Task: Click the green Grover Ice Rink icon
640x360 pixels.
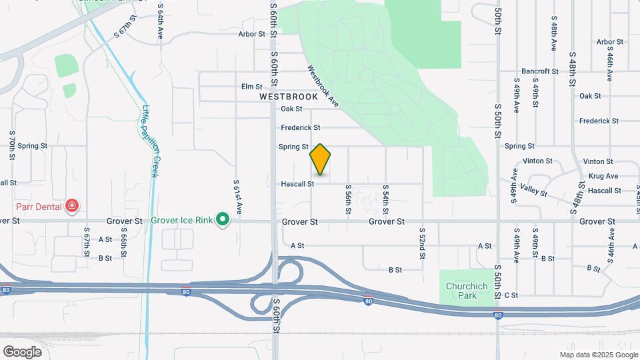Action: [223, 219]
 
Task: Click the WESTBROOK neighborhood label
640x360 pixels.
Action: [289, 97]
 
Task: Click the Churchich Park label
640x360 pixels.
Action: [467, 291]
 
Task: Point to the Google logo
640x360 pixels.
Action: [22, 351]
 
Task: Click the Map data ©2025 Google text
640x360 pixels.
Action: [598, 355]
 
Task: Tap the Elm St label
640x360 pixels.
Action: [252, 87]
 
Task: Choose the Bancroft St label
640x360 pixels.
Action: [539, 71]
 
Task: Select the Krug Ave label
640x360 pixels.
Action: [603, 176]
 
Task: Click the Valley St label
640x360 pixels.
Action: [534, 191]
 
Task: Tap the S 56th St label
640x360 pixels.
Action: [348, 199]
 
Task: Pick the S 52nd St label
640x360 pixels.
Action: [422, 243]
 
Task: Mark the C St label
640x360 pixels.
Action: [511, 295]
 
